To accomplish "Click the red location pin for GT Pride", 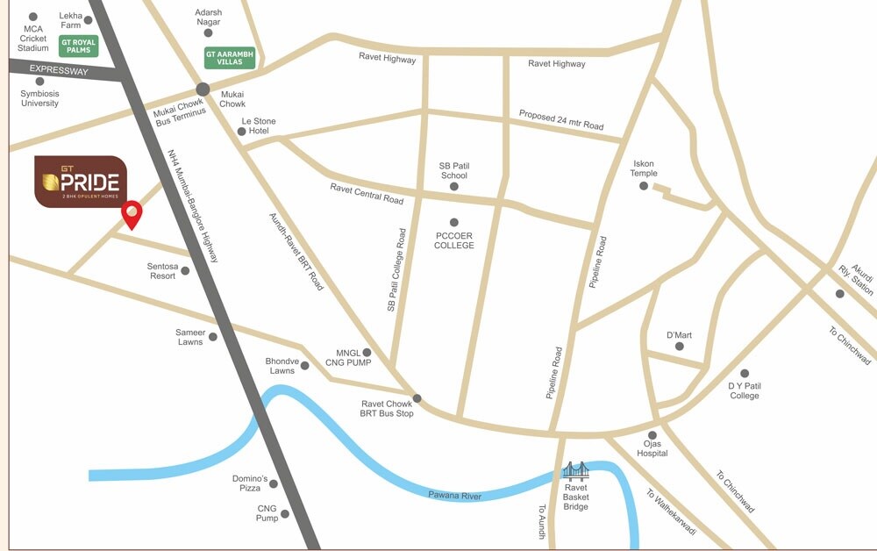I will [132, 213].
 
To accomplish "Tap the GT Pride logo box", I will [81, 182].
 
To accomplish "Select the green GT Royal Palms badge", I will [78, 46].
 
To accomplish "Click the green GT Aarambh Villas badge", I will [230, 57].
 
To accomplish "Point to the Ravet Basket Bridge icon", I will [576, 471].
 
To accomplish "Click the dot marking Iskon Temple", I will [644, 186].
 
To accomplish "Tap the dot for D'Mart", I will [680, 347].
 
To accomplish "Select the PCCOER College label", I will [454, 240].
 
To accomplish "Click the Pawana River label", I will [455, 496].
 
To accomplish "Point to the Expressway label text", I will [59, 71].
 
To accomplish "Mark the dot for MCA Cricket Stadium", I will [33, 17].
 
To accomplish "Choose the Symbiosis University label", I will [39, 97].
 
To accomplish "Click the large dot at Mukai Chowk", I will [203, 89].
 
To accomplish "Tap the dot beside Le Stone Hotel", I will [242, 132].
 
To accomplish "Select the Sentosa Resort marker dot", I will [185, 271].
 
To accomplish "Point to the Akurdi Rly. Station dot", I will [840, 294].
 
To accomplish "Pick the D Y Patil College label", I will [744, 390].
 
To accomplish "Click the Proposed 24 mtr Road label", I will [561, 120].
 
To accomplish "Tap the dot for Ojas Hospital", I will [652, 435].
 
